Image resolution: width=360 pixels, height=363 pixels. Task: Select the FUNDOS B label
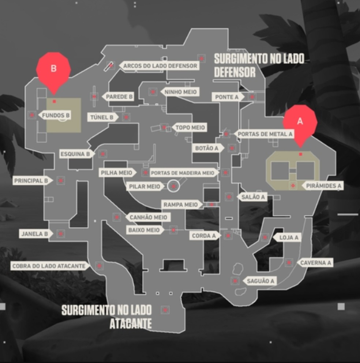56,115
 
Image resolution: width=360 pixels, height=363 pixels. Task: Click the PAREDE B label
119,97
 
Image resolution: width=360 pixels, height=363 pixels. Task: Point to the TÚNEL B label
102,117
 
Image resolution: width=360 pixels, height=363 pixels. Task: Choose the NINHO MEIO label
180,92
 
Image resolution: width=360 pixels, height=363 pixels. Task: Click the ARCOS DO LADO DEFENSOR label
160,66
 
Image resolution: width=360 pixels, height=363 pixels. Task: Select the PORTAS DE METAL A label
265,134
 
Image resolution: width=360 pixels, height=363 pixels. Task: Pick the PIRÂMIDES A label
323,186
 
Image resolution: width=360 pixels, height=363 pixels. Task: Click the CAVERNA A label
316,262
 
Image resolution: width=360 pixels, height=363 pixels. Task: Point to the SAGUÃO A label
260,281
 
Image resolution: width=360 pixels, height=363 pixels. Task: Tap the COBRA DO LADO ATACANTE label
49,266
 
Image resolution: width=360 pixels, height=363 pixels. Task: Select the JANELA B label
35,234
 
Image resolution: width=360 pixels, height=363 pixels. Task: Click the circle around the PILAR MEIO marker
174,186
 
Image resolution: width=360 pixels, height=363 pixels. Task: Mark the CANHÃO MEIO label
148,218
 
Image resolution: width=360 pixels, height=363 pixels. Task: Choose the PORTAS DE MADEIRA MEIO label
182,173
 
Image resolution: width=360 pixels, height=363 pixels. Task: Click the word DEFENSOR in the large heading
235,72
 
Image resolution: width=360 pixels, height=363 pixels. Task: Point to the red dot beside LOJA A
265,237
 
